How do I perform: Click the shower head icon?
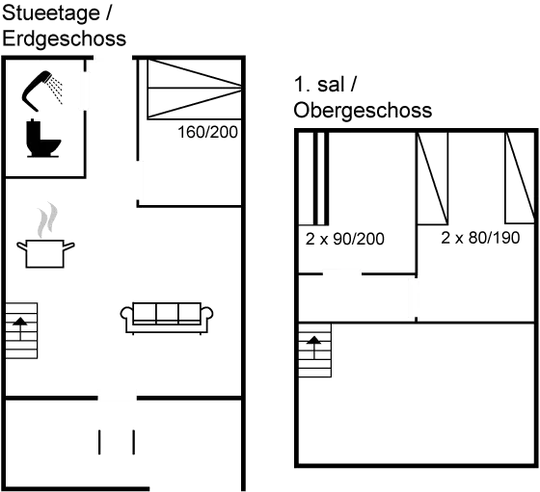(45, 88)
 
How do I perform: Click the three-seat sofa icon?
(167, 317)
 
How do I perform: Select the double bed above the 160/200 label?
(192, 90)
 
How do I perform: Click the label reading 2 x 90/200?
(344, 239)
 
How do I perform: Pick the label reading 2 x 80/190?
(480, 237)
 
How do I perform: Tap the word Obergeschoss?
(363, 111)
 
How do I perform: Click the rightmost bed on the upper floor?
(519, 178)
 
